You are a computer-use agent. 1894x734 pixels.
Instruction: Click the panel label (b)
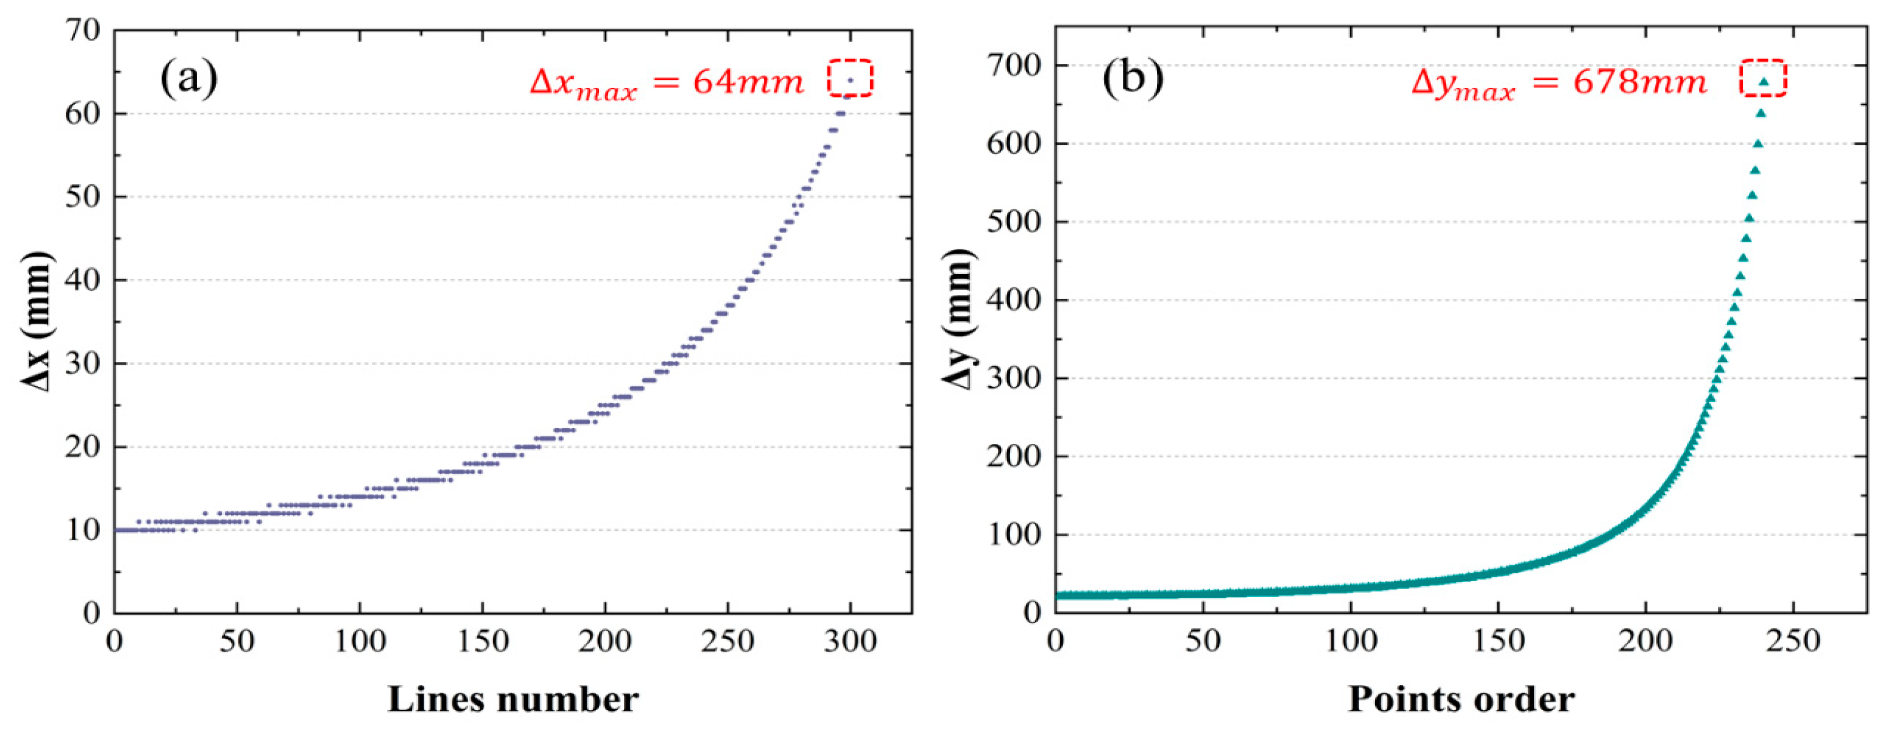pos(1133,78)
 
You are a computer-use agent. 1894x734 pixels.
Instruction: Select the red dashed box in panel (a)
pos(850,78)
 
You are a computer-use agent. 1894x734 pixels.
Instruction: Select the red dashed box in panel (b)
pos(1763,78)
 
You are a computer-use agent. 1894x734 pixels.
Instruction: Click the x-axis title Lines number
pos(513,700)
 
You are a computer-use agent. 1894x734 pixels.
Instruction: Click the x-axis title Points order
pos(1461,700)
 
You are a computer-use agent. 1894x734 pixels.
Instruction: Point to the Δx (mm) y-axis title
pos(37,321)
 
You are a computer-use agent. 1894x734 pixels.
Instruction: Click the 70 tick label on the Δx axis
pos(82,31)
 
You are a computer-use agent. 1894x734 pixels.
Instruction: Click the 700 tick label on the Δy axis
pos(1014,66)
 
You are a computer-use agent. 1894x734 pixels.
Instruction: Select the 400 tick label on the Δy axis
pos(1014,301)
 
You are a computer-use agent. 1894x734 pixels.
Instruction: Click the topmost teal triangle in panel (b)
pos(1763,82)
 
